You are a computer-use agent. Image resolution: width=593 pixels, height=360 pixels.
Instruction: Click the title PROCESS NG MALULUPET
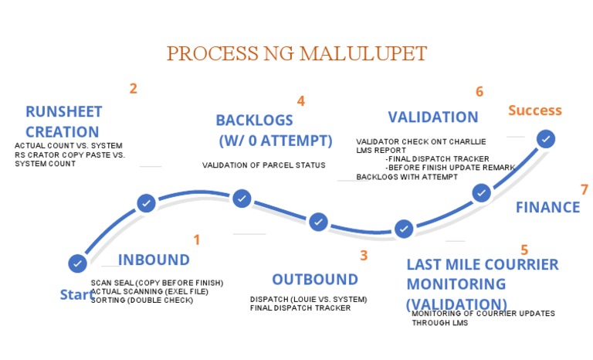[x=297, y=54]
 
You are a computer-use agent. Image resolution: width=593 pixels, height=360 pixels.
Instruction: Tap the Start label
[x=77, y=295]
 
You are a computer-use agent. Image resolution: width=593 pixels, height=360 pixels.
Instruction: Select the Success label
[x=534, y=110]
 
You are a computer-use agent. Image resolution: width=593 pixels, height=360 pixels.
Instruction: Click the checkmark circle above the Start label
[x=77, y=263]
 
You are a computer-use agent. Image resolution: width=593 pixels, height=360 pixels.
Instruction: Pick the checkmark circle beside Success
[x=546, y=139]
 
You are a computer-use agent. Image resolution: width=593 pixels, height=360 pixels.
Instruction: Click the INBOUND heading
[x=154, y=260]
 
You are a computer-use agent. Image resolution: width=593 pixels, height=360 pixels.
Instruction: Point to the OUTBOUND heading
[x=314, y=280]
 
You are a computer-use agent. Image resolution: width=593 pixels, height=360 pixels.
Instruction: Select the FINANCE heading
[x=547, y=207]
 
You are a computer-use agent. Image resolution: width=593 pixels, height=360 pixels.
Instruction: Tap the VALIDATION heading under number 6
[x=432, y=117]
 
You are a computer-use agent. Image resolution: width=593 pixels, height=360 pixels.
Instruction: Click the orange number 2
[x=133, y=88]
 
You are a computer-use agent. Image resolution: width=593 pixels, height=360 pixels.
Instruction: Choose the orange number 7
[x=585, y=189]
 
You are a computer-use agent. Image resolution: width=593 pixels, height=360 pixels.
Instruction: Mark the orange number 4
[x=301, y=101]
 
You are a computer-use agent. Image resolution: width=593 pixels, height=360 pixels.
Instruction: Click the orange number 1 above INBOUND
[x=196, y=239]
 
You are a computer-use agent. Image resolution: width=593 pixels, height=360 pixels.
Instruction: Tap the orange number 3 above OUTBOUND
[x=364, y=255]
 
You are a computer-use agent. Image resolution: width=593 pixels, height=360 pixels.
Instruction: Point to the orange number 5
[x=524, y=250]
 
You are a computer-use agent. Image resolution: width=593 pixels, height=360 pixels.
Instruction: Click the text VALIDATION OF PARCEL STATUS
[x=263, y=165]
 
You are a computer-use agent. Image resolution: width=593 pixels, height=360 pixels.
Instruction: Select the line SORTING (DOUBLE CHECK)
[x=141, y=300]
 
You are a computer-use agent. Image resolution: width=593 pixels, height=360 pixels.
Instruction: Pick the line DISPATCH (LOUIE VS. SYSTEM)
[x=308, y=299]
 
